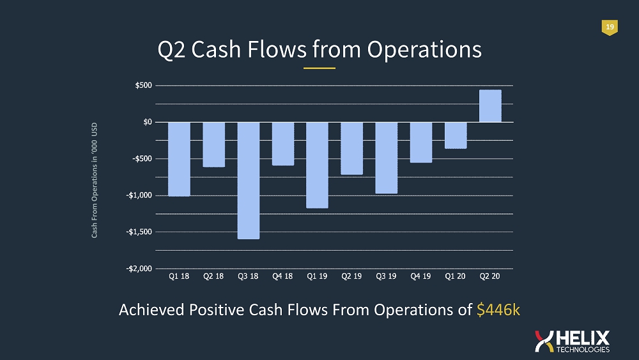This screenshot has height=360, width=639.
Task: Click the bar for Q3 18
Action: (x=249, y=180)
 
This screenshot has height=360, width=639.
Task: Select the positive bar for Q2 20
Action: (x=490, y=106)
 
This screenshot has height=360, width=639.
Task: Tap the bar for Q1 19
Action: (x=317, y=165)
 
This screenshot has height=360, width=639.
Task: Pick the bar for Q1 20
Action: (x=456, y=136)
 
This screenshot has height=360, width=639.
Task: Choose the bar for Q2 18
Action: (x=214, y=145)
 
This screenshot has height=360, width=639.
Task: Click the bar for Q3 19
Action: (x=387, y=158)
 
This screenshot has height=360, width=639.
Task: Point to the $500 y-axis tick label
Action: (x=143, y=85)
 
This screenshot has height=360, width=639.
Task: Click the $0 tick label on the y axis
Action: (x=148, y=122)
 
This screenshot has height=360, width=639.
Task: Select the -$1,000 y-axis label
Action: (x=139, y=195)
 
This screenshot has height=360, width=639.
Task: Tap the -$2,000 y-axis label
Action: (x=139, y=269)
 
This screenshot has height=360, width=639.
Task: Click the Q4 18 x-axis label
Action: (x=282, y=276)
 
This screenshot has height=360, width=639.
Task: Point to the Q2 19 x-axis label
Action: (x=351, y=276)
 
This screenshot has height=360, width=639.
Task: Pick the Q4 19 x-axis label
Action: (x=420, y=276)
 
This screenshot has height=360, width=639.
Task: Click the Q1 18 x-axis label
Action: (x=179, y=276)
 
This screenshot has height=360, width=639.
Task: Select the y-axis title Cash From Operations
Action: (x=94, y=180)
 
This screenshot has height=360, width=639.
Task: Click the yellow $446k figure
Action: (x=498, y=309)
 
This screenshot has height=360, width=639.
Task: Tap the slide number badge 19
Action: (x=610, y=27)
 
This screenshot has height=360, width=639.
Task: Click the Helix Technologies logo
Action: (x=572, y=341)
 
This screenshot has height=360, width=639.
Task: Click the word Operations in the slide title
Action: (x=424, y=49)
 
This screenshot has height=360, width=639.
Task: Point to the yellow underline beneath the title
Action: (x=319, y=68)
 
